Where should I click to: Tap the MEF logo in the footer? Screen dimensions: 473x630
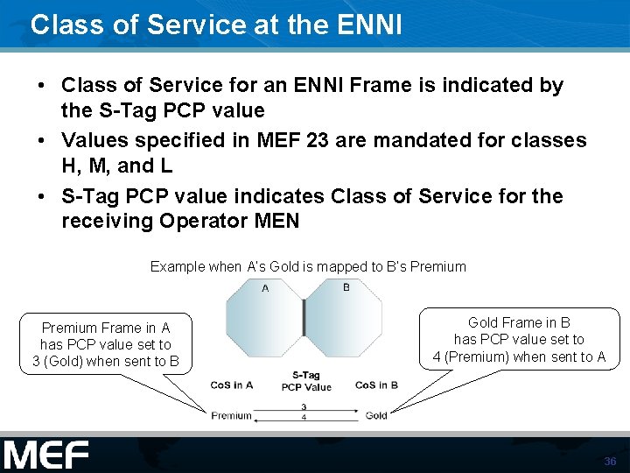pyautogui.click(x=46, y=455)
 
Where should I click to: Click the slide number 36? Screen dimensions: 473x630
pyautogui.click(x=610, y=461)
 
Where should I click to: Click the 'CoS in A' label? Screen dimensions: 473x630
pyautogui.click(x=232, y=385)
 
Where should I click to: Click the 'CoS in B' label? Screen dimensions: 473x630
pyautogui.click(x=376, y=385)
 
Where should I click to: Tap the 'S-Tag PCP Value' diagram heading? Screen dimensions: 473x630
pyautogui.click(x=306, y=382)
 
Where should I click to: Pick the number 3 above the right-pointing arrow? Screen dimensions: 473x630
pyautogui.click(x=304, y=406)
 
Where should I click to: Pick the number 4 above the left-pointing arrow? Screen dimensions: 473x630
pyautogui.click(x=304, y=418)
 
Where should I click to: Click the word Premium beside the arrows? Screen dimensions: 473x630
pyautogui.click(x=231, y=415)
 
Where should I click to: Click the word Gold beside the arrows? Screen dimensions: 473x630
pyautogui.click(x=376, y=415)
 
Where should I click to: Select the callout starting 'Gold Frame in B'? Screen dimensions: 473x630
pyautogui.click(x=519, y=339)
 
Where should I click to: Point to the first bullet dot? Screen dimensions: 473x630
pyautogui.click(x=41, y=86)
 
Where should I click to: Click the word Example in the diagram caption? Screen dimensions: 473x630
pyautogui.click(x=177, y=266)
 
